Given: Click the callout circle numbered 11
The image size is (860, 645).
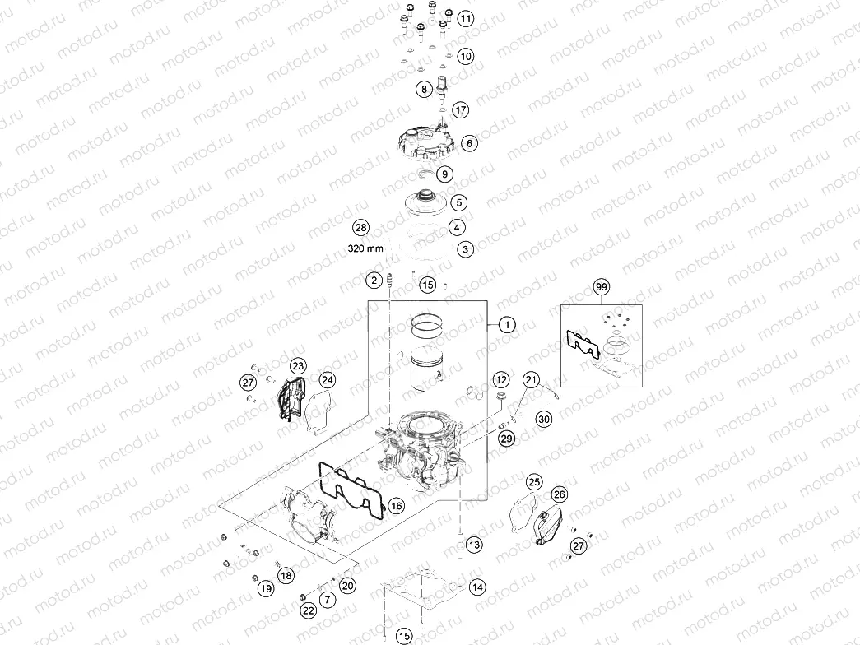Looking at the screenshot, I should tap(466, 18).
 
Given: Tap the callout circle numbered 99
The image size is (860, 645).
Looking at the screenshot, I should tap(601, 287).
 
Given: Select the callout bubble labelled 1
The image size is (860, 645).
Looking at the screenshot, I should tap(507, 325).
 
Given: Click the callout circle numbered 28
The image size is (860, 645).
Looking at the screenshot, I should tap(360, 227).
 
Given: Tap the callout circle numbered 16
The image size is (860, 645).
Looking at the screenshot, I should tap(396, 506).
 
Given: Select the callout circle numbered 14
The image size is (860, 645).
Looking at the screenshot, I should tap(477, 587).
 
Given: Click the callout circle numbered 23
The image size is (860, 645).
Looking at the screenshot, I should tap(298, 365).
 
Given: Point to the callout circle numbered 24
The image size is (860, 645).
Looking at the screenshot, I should tap(328, 379).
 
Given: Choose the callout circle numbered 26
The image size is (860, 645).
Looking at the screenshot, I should tap(559, 494).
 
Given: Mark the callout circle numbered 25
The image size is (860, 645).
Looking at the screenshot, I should tap(534, 482).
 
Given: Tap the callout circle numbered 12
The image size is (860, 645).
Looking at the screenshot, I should tap(501, 379).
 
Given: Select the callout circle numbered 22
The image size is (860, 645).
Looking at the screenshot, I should tap(308, 610).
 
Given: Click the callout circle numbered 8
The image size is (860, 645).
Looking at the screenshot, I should tap(425, 89).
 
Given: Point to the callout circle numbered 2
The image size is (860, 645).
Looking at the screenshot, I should tap(375, 281).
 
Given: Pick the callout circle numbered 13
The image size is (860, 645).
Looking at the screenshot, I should tap(473, 545).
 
